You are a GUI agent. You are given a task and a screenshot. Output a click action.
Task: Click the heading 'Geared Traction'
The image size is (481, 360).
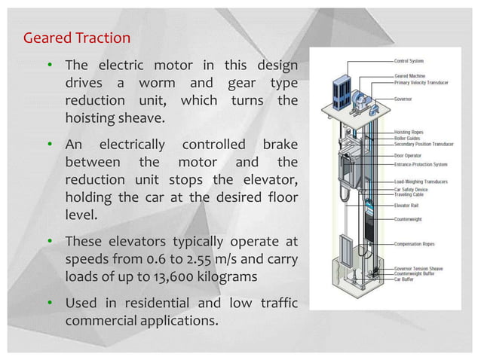point(77,38)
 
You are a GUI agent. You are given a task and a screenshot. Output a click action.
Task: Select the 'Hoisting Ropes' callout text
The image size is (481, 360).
point(409,132)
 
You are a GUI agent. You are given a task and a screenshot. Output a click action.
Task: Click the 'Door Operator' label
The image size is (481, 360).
point(408,156)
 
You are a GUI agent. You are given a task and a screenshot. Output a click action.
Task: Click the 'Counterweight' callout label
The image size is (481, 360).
point(408,220)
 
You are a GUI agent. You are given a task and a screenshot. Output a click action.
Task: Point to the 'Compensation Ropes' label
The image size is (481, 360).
point(414,244)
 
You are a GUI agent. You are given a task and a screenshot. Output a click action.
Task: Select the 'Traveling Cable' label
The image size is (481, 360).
point(409,194)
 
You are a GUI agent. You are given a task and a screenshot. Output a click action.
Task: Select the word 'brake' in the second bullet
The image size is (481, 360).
point(280,145)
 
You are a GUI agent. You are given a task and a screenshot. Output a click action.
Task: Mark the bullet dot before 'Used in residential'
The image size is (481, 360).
point(50,303)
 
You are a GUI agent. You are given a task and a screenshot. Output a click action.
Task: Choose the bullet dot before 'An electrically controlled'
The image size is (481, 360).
point(50,145)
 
